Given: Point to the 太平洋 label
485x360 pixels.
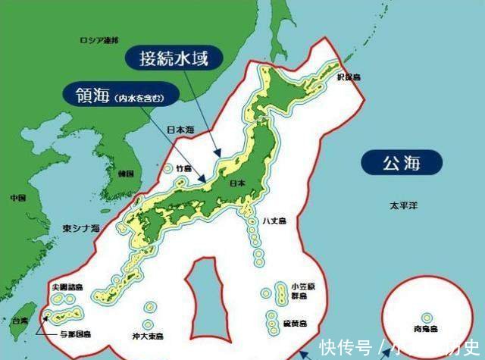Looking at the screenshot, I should [x=403, y=206].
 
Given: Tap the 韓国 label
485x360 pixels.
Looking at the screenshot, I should [x=126, y=174].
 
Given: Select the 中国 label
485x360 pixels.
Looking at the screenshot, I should [x=18, y=198].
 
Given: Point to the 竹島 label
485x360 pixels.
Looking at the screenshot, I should [x=184, y=169].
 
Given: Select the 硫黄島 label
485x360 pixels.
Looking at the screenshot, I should [x=294, y=324].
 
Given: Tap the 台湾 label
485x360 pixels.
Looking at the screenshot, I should [x=19, y=322].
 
